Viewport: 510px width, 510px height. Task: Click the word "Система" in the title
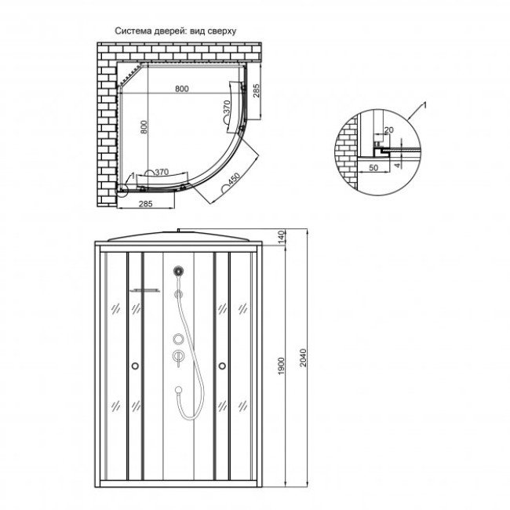click(x=134, y=31)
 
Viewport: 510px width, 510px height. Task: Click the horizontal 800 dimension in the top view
click(x=181, y=90)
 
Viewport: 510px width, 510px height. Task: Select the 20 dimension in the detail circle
click(x=388, y=131)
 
